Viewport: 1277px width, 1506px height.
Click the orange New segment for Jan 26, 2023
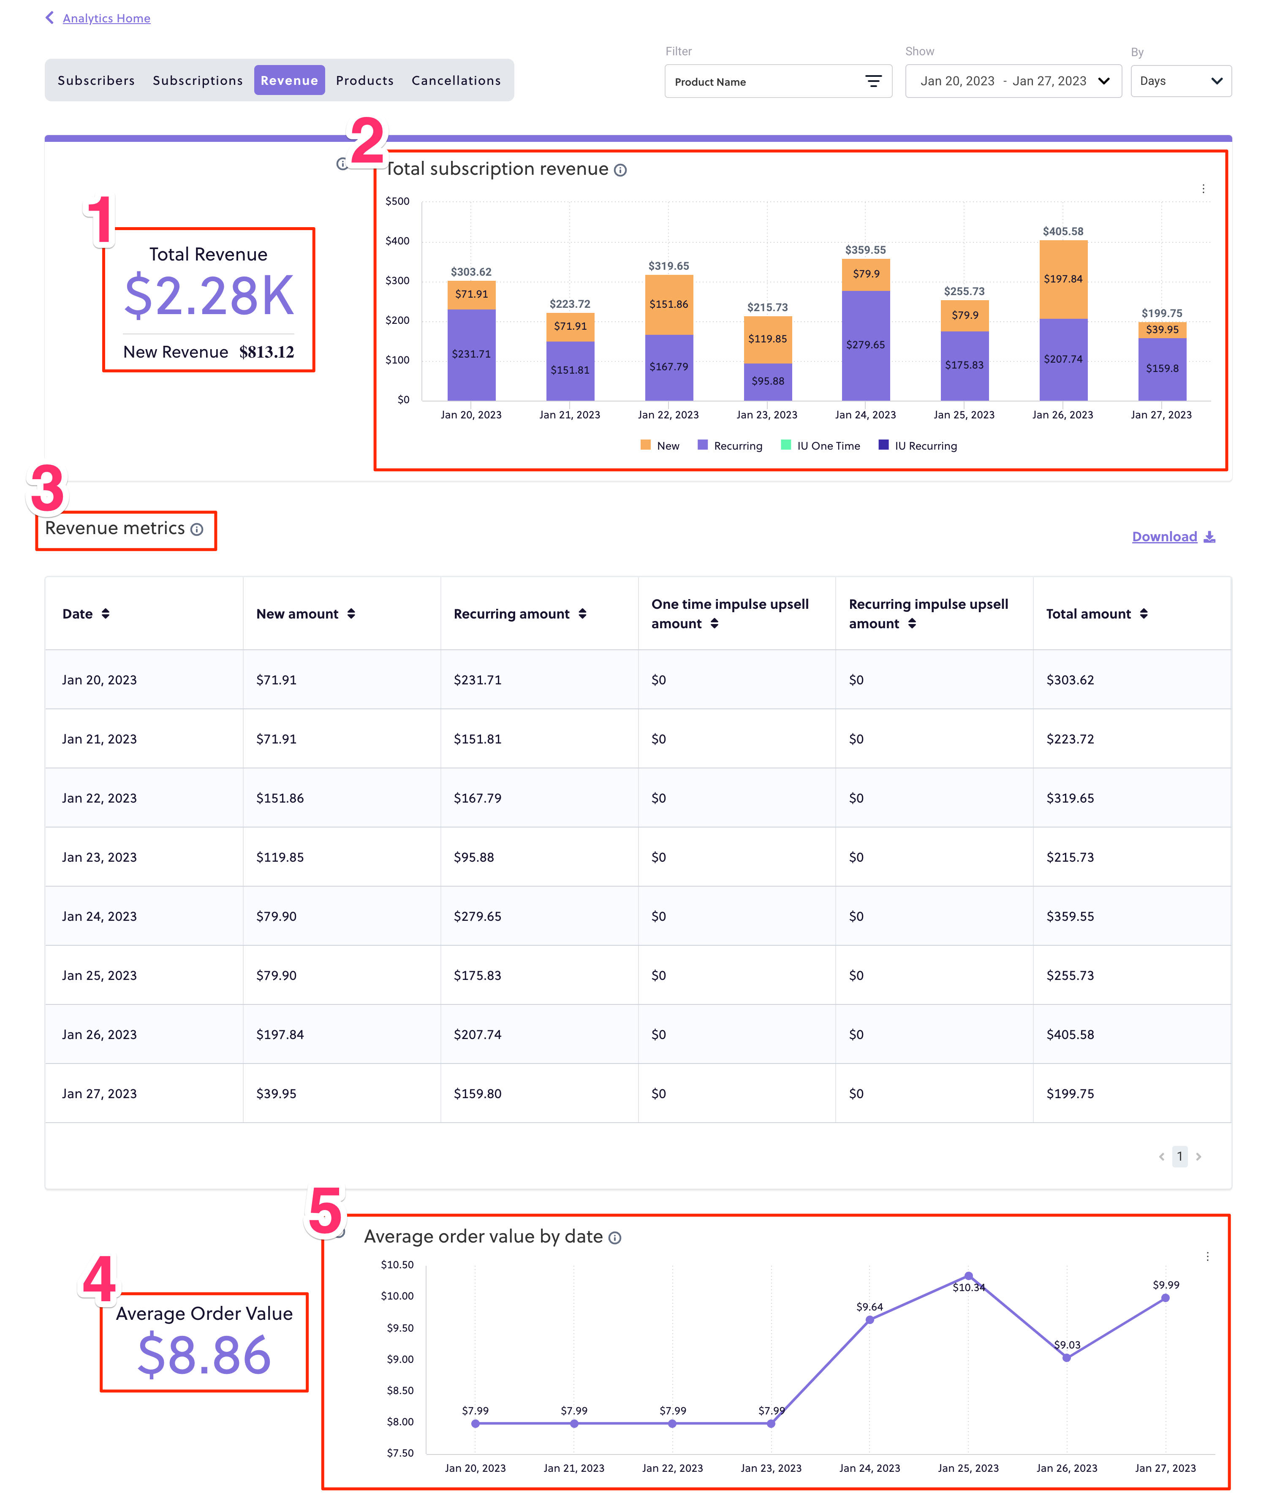[1063, 279]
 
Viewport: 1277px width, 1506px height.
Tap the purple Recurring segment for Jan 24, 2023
[865, 345]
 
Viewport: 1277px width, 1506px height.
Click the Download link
[1164, 536]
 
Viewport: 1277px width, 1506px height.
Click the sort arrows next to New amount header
[351, 614]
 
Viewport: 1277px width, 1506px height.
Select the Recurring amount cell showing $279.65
[477, 916]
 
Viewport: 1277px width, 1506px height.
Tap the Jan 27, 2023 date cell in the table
[99, 1094]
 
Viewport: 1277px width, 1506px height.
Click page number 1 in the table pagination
[1179, 1156]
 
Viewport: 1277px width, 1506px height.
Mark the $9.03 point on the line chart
[1066, 1358]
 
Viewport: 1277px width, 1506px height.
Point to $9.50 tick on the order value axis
[399, 1328]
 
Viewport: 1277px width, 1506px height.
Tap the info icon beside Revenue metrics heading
[197, 530]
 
